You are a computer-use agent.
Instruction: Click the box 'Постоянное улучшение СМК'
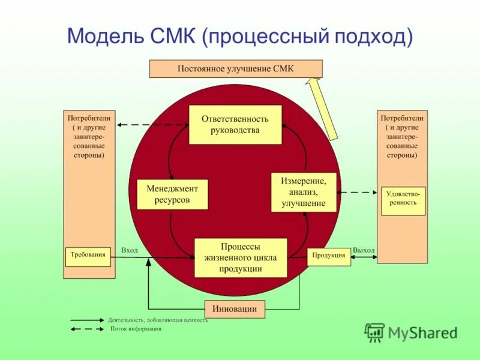point(235,68)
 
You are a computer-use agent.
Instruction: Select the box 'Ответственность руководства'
point(235,125)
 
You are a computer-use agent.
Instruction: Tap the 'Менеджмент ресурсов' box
point(172,194)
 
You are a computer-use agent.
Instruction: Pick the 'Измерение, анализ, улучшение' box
point(303,191)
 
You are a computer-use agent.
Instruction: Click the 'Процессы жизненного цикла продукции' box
point(241,257)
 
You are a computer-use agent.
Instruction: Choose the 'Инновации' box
point(235,309)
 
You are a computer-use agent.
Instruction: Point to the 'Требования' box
point(88,255)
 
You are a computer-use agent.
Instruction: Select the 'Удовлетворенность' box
point(403,200)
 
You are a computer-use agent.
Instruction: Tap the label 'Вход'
point(130,250)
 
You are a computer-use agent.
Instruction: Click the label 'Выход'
point(364,250)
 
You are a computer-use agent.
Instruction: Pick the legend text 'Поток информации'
point(136,329)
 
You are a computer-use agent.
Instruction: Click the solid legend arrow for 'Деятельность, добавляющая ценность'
point(87,320)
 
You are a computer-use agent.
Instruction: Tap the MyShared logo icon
point(375,332)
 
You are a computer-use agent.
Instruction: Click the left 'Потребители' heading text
point(89,118)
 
